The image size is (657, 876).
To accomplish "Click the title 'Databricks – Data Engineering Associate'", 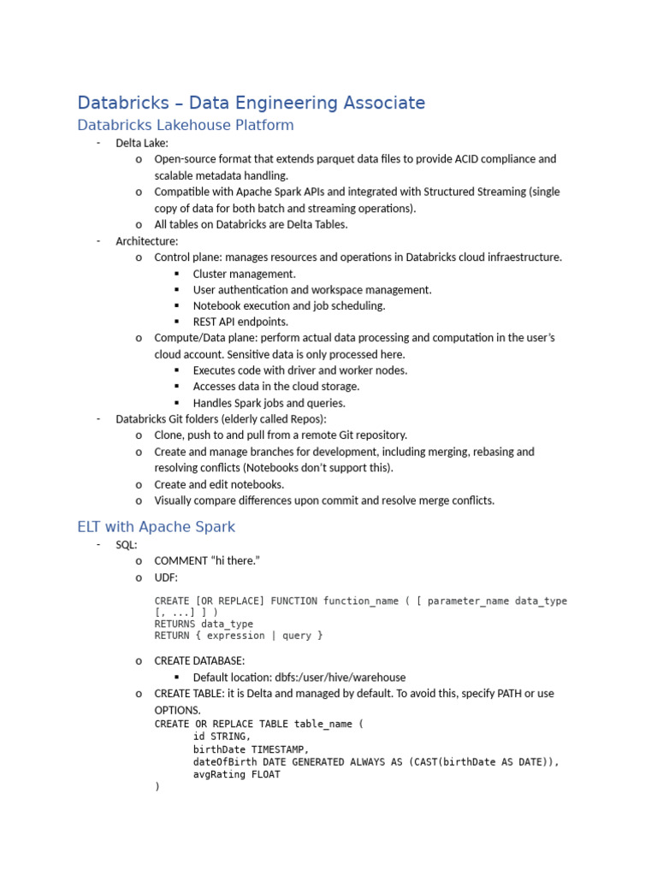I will tap(251, 103).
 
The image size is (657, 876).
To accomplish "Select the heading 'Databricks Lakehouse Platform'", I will tap(185, 125).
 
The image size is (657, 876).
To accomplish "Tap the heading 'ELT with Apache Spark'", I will tap(156, 526).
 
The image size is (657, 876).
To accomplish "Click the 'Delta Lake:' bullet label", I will tap(142, 143).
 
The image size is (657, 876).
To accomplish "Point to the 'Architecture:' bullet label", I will tap(147, 241).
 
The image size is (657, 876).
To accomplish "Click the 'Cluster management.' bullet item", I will tap(244, 274).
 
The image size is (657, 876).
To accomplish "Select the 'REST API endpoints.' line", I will tap(240, 322).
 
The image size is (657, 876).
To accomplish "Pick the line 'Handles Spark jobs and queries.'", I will tap(269, 403).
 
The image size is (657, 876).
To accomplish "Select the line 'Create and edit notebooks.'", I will tap(219, 484).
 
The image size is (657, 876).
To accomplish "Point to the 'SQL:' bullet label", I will tap(127, 544).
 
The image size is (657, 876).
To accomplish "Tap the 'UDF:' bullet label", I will tap(166, 577).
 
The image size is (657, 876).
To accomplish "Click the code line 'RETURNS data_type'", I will tap(204, 624).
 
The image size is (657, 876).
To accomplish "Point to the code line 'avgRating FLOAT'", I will tap(237, 774).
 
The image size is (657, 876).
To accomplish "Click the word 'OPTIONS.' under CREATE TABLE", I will tap(178, 710).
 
